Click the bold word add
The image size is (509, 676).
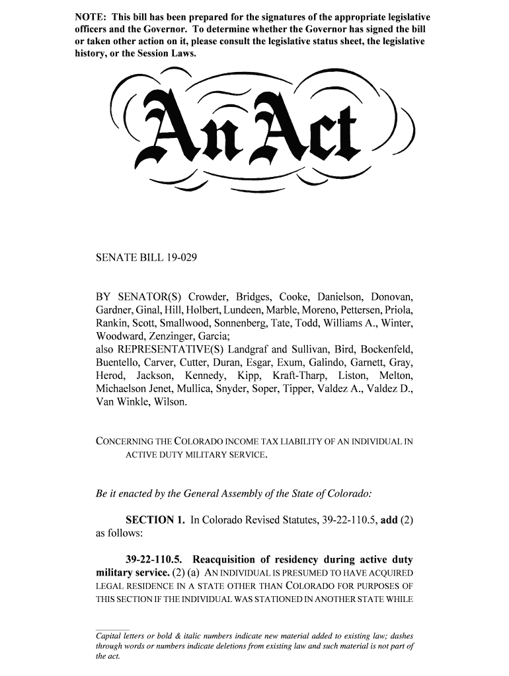[389, 521]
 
